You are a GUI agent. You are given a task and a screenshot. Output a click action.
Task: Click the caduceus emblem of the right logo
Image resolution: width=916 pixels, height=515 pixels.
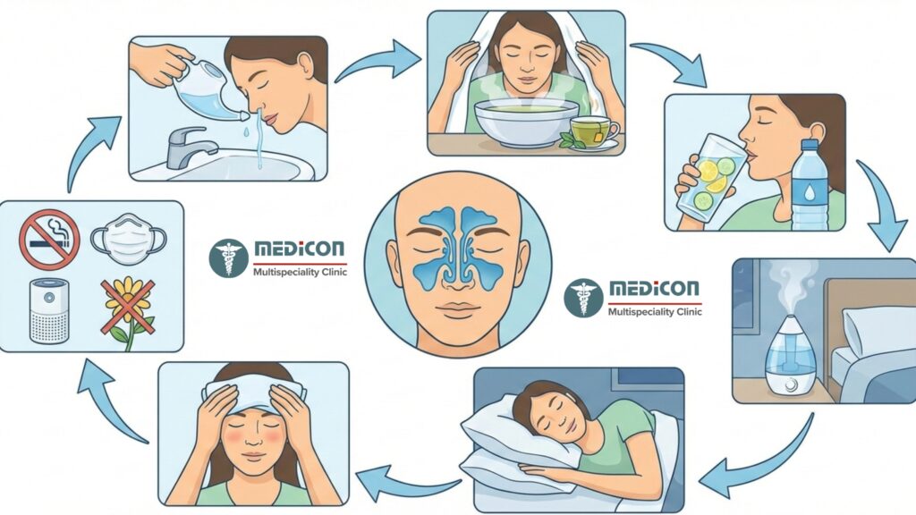click(x=583, y=298)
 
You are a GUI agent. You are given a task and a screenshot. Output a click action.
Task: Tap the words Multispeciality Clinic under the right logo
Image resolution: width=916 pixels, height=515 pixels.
click(x=653, y=312)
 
